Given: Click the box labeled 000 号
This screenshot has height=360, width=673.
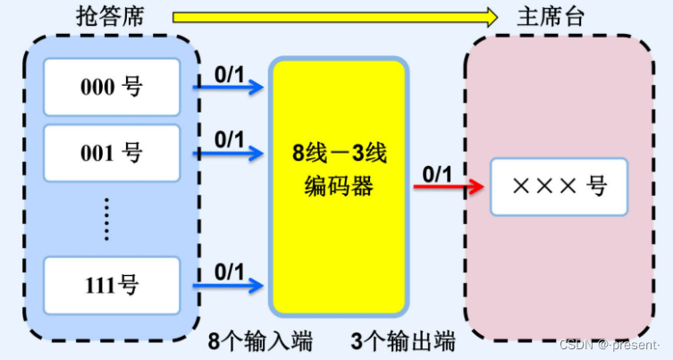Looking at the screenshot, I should pos(112,87).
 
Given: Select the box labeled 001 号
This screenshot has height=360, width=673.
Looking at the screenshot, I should pos(112,153).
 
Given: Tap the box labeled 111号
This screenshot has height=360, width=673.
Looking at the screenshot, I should pos(112,285).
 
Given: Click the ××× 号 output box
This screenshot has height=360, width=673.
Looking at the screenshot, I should pos(559,186).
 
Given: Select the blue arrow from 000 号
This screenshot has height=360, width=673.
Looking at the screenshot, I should pos(229,87).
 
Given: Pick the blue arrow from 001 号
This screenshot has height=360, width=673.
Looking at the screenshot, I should pos(229,153).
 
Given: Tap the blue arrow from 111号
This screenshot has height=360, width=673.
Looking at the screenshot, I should pos(229,285).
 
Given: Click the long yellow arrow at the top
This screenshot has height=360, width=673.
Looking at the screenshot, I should pos(334,16).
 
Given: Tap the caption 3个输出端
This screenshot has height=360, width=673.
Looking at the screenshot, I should pos(402,341).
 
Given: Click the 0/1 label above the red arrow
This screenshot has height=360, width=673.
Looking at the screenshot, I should pos(437,173).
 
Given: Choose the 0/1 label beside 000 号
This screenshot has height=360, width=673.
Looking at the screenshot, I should pos(229,71).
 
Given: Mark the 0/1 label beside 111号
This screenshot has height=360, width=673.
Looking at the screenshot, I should pos(229,270).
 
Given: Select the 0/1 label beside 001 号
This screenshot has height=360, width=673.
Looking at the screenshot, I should pos(229,138).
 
